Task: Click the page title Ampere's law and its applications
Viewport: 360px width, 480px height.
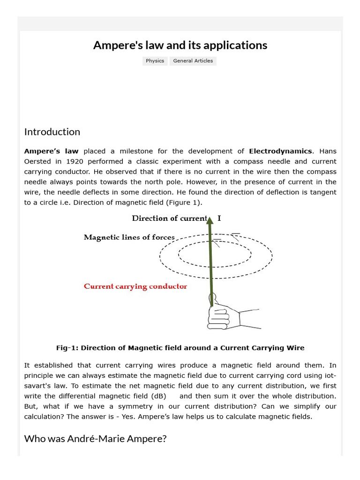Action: [x=180, y=45]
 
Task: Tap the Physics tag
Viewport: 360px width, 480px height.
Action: [x=155, y=61]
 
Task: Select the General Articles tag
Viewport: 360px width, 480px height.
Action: [x=193, y=61]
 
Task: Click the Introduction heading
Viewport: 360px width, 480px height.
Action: [x=52, y=132]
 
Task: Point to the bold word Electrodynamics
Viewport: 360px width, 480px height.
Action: [x=280, y=151]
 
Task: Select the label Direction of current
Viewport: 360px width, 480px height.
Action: [x=169, y=218]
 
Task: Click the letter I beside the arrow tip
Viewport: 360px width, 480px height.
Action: [x=219, y=218]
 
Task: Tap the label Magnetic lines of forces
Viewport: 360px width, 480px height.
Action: [x=129, y=237]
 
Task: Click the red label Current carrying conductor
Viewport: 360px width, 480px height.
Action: [x=135, y=286]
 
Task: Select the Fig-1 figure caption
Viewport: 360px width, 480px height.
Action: [x=180, y=348]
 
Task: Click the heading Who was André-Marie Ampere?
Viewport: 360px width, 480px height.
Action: [x=95, y=439]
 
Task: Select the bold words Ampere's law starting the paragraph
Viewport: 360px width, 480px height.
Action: [x=51, y=151]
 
